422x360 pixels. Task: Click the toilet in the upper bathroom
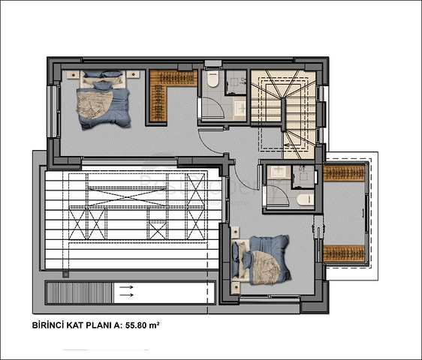point(213,79)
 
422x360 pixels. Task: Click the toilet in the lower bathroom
point(305,199)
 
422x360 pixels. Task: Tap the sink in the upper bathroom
point(240,108)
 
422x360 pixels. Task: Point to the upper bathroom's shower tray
point(236,82)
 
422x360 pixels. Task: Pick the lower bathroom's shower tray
point(303,177)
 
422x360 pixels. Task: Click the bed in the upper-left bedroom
point(103,99)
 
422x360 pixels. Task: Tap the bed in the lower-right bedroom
point(261,260)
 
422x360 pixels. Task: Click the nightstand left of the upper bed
point(73,74)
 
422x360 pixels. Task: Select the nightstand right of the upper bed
point(133,74)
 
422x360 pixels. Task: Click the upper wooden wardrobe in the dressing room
point(344,173)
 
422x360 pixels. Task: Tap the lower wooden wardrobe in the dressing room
point(344,253)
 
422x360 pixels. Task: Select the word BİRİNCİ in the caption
point(48,325)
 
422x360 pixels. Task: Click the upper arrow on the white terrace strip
point(126,287)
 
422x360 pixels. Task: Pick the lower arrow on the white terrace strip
point(126,295)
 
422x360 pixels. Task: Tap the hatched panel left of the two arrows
point(79,292)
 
